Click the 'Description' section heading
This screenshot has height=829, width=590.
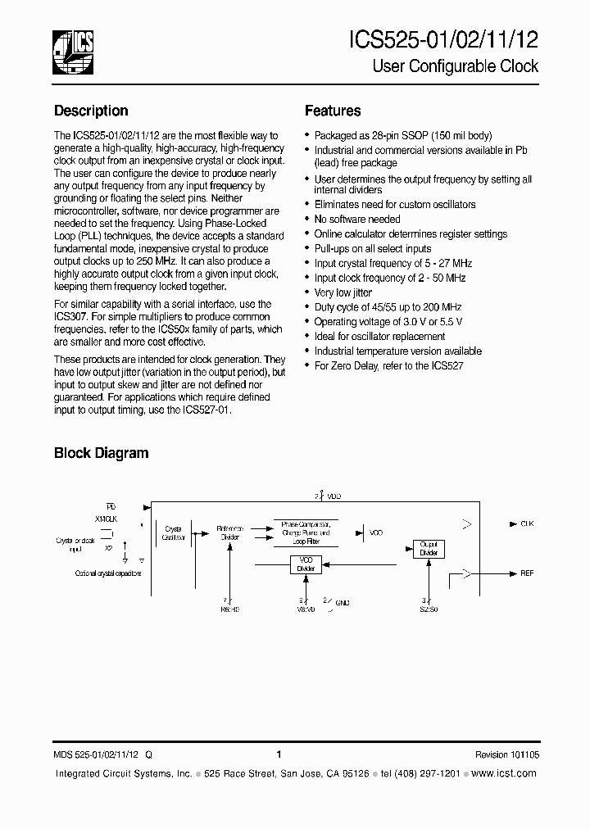91,111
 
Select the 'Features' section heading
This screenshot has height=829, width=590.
333,111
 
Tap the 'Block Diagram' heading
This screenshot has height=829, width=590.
101,452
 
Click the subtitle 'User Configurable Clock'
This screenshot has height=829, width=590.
456,66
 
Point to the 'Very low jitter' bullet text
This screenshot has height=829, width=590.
343,292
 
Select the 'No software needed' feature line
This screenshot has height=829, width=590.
357,220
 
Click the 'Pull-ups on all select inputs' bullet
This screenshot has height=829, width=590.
373,248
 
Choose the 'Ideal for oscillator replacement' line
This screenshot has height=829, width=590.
380,337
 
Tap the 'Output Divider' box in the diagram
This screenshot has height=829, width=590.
429,549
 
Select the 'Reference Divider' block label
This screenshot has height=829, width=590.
229,533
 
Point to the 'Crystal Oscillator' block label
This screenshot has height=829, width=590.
173,533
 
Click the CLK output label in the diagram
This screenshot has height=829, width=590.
527,523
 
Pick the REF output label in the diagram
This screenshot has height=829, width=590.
527,573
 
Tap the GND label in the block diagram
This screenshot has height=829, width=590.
343,603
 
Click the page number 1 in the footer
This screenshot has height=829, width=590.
279,755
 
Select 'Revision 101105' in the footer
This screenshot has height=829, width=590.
506,755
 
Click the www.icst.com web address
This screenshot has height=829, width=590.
505,773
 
